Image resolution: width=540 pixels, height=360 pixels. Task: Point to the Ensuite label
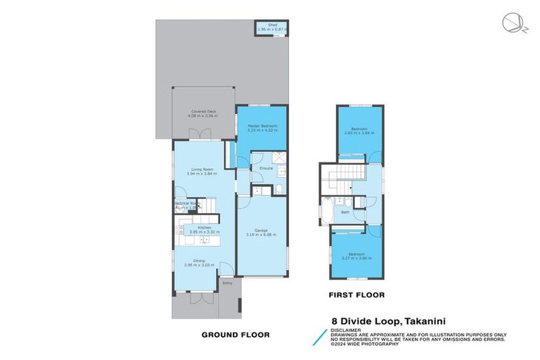266,169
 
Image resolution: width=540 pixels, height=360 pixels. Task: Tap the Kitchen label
204,229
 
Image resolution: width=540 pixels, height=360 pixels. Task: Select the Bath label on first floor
345,212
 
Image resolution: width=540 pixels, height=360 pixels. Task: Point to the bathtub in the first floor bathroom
328,211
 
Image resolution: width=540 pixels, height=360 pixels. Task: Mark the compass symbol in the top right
512,23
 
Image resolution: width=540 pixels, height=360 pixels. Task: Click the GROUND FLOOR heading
236,335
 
